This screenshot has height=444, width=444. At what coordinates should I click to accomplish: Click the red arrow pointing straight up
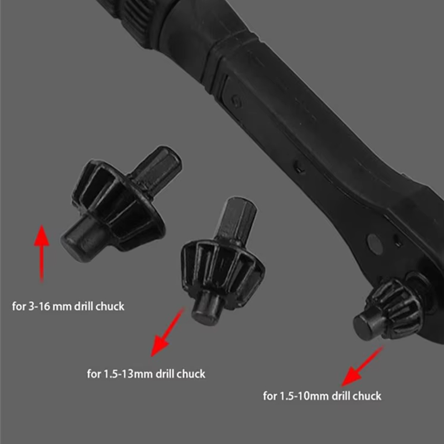tap(42, 254)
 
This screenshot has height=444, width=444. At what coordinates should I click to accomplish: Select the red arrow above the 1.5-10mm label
tap(362, 366)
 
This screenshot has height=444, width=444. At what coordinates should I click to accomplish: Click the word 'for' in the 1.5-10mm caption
tap(270, 396)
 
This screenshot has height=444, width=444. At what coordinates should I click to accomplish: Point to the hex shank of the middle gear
tap(236, 221)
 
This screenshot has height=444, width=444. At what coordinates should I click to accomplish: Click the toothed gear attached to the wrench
tap(396, 309)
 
